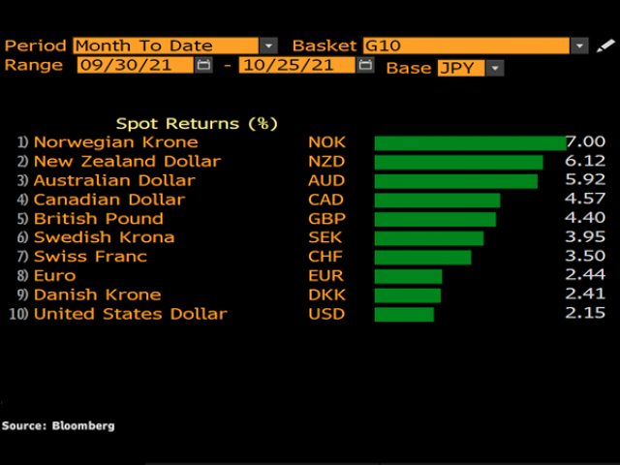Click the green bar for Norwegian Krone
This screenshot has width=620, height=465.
coord(470,142)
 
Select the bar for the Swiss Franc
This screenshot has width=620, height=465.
coord(422,257)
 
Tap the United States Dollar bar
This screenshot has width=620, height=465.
coord(404,314)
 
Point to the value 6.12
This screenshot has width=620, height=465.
coord(586,162)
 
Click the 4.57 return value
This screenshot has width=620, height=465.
coord(586,200)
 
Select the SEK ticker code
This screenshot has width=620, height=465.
coord(326,237)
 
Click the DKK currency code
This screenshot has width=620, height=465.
coord(326,294)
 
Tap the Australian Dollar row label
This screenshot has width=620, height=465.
coord(114,180)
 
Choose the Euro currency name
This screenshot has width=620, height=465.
coord(54,276)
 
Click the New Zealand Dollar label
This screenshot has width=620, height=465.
coord(127,162)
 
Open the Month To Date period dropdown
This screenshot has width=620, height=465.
coord(268,46)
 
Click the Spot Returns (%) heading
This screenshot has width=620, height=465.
coord(197,123)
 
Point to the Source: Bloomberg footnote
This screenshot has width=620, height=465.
coord(58,425)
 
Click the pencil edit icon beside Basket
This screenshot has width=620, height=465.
coord(605,46)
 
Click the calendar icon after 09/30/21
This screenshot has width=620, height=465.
coord(203,66)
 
